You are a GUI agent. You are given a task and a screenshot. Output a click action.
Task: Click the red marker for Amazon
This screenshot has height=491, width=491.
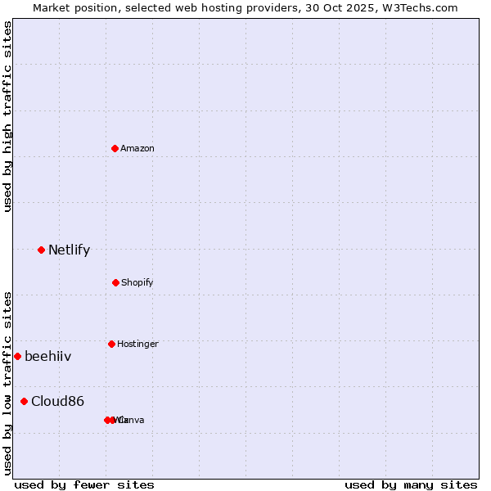click(115, 148)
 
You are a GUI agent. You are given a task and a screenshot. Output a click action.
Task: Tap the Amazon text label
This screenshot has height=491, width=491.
click(137, 148)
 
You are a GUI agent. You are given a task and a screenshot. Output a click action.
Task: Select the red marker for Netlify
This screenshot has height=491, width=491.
click(41, 250)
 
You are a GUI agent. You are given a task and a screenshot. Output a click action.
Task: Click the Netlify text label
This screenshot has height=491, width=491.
click(69, 250)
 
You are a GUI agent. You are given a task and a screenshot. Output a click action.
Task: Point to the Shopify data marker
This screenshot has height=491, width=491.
click(115, 282)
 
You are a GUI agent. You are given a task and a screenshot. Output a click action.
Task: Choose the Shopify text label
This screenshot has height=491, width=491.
click(137, 282)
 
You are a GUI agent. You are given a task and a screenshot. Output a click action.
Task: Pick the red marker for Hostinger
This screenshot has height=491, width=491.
click(111, 344)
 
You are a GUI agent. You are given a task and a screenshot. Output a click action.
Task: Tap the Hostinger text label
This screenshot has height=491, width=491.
click(137, 344)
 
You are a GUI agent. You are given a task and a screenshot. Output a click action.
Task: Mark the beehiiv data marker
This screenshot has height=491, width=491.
click(17, 356)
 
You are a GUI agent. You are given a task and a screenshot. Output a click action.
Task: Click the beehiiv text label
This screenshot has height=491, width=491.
click(47, 356)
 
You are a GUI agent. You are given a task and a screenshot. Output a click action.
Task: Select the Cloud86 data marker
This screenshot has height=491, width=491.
click(24, 401)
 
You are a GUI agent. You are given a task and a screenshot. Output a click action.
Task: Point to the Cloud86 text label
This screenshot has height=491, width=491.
click(57, 401)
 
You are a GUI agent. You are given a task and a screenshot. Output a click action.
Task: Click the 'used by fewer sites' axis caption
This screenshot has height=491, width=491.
click(84, 484)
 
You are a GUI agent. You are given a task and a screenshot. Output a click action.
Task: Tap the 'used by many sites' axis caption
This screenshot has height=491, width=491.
click(411, 484)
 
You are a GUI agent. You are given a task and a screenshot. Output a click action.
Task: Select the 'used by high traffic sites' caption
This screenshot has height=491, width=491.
click(7, 116)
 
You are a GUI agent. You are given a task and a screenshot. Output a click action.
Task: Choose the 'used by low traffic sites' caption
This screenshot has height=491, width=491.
click(7, 383)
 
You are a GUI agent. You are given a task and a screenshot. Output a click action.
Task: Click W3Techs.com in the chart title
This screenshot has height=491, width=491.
click(426, 7)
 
